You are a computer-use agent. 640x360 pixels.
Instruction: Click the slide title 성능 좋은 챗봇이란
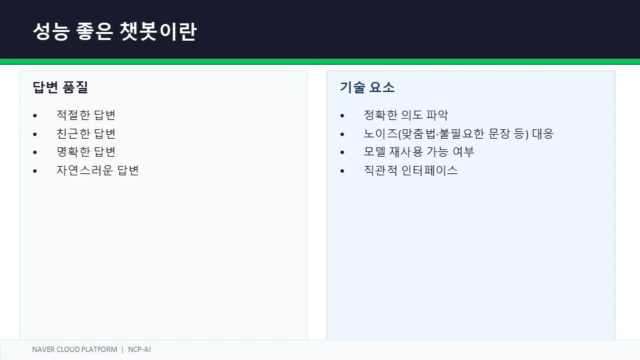[x=115, y=31]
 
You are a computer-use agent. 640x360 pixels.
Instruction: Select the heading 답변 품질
[x=61, y=87]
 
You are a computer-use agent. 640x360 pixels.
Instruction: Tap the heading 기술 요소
[x=367, y=87]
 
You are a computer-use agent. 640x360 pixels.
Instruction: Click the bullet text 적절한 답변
[x=86, y=115]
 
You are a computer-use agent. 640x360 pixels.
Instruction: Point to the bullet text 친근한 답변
[x=86, y=133]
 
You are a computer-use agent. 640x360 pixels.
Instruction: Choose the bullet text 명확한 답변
[x=86, y=152]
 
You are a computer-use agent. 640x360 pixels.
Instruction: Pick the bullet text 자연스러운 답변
[x=97, y=170]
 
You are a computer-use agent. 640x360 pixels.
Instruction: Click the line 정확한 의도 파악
[x=406, y=115]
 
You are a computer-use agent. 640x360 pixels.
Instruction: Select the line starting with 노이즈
[x=459, y=133]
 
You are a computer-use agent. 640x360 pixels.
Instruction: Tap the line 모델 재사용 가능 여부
[x=419, y=152]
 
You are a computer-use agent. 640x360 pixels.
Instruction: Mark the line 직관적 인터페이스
[x=411, y=170]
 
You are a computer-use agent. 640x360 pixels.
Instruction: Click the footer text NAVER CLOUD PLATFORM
[x=75, y=349]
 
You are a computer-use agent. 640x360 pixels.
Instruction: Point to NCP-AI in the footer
[x=139, y=349]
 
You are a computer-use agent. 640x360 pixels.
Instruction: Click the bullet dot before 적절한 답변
[x=35, y=116]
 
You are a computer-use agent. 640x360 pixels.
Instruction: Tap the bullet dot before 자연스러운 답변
[x=35, y=171]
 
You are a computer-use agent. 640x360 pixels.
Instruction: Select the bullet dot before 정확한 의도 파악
[x=343, y=116]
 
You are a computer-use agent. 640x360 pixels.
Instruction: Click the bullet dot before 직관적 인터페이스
[x=343, y=171]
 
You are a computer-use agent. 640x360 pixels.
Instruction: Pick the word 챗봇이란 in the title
[x=159, y=31]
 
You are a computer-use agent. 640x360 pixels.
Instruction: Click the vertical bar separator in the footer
[x=123, y=349]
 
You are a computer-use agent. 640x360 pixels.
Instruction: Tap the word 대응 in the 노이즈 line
[x=543, y=133]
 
